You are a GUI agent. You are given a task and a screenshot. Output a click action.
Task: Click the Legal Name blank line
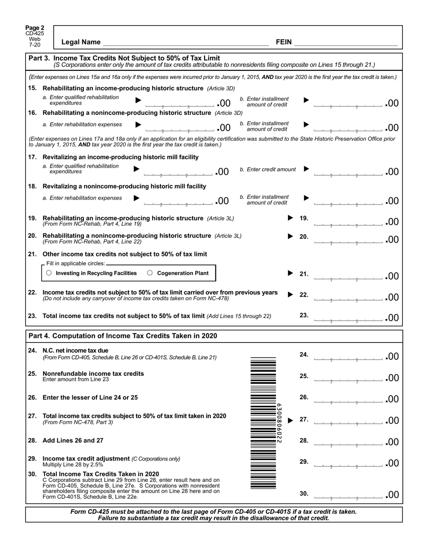(x=186, y=42)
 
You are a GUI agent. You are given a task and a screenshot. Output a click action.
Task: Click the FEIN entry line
(x=346, y=42)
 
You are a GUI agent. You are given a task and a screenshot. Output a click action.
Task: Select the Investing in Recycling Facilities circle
(x=49, y=273)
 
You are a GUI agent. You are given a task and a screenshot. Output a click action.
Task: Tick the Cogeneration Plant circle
(x=150, y=273)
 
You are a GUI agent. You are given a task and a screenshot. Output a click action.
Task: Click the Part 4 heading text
(x=123, y=336)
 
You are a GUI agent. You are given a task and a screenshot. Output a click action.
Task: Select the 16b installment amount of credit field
(x=349, y=127)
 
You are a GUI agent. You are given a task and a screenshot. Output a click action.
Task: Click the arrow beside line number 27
(x=291, y=420)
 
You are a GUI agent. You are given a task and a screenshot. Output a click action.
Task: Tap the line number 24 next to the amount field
(x=304, y=355)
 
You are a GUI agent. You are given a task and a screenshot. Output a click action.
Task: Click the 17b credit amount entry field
(x=349, y=171)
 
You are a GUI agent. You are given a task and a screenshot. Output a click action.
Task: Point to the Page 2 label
(x=35, y=28)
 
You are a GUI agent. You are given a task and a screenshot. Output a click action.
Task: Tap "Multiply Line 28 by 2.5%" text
(x=73, y=464)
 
